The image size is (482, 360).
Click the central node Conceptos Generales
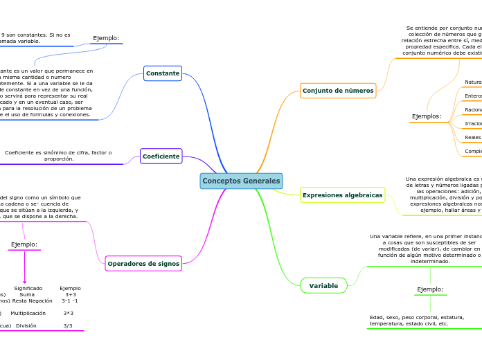(241, 181)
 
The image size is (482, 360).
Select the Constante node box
(163, 73)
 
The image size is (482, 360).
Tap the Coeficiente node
(161, 156)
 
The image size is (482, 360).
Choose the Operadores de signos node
(143, 264)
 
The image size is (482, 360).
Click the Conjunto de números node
(338, 91)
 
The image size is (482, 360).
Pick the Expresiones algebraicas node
(342, 195)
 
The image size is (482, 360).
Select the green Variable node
(323, 286)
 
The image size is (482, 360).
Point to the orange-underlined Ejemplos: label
(426, 116)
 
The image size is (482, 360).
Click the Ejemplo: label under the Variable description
(430, 289)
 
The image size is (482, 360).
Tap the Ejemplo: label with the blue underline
(106, 38)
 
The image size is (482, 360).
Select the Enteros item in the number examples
(473, 96)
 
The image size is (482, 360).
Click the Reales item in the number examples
(472, 137)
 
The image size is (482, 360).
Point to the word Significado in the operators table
(28, 288)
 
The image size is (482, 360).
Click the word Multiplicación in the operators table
(28, 314)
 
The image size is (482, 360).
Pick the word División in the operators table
(26, 325)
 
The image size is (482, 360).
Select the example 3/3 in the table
(68, 325)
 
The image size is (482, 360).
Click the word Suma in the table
(27, 294)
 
